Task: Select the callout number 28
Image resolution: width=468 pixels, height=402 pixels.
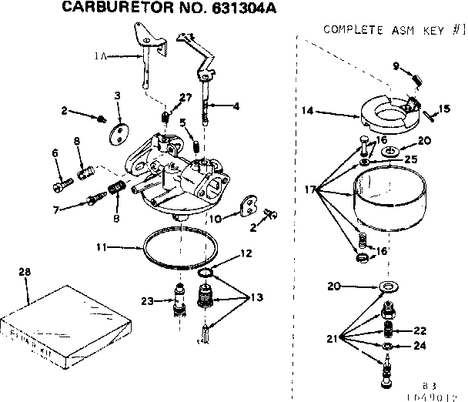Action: click(25, 273)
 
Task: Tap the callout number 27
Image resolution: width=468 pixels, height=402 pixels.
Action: click(186, 96)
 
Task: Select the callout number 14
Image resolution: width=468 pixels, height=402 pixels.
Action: click(306, 111)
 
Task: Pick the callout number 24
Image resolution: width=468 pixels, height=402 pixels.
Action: click(420, 346)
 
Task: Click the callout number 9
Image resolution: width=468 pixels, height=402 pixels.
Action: click(396, 66)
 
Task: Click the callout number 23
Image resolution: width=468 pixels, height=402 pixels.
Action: click(146, 301)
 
